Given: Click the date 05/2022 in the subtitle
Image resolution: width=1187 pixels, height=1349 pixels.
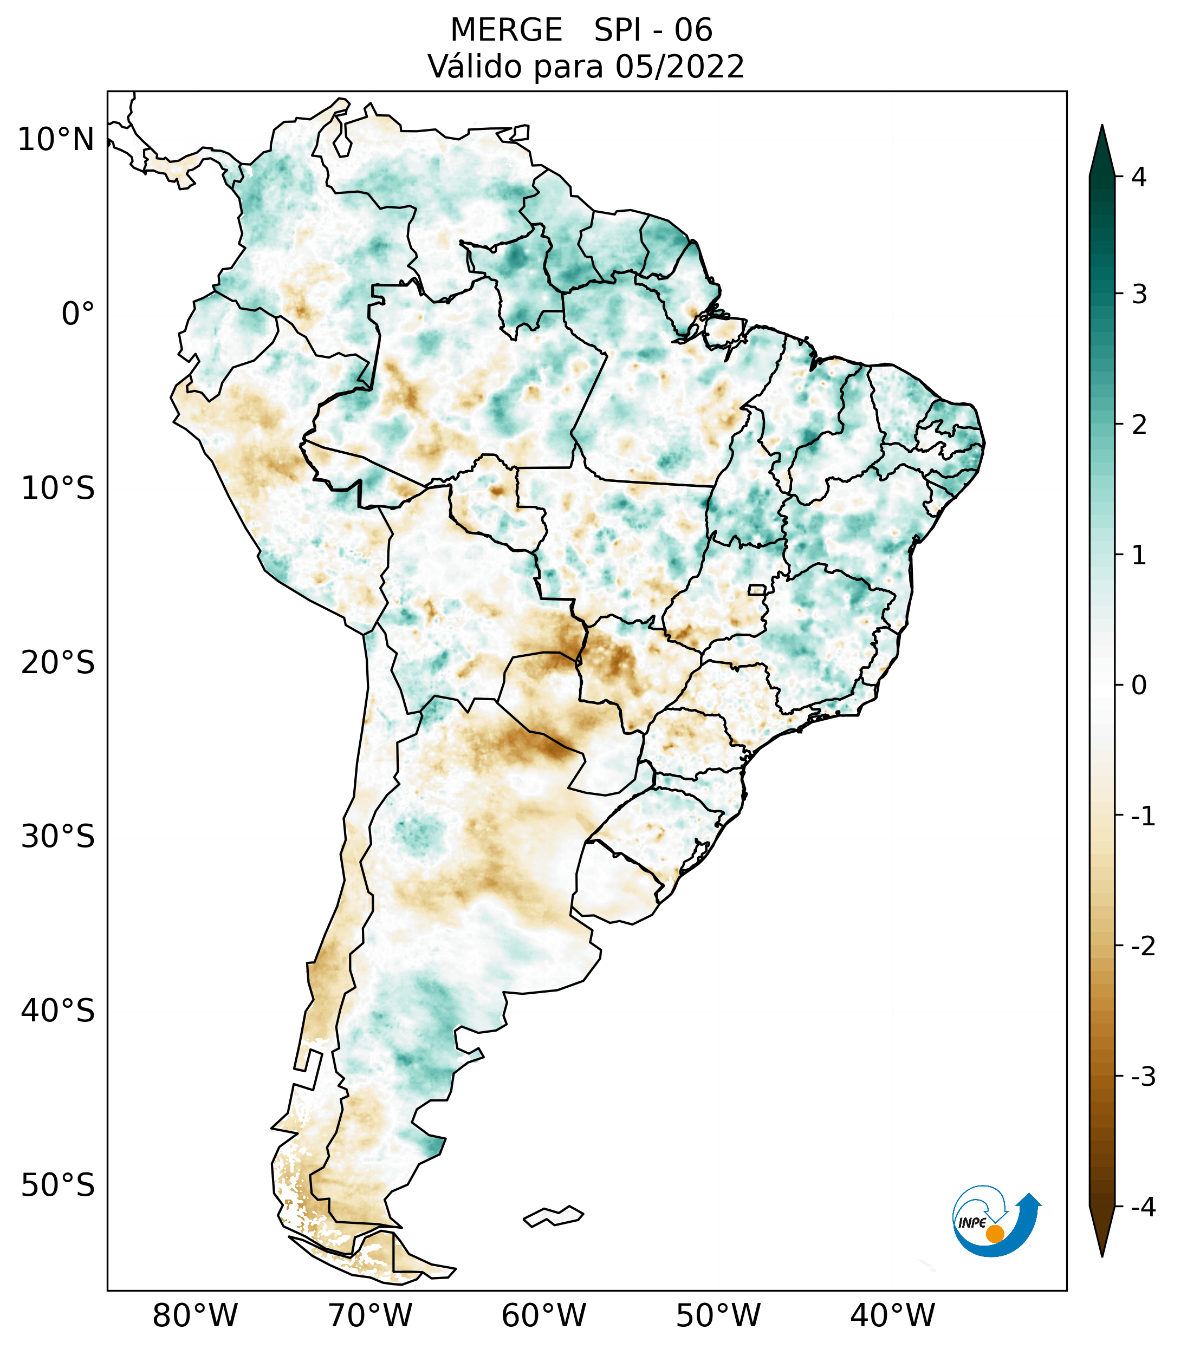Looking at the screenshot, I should pos(679,67).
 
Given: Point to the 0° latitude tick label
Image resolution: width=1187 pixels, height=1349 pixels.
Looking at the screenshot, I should pos(78,314).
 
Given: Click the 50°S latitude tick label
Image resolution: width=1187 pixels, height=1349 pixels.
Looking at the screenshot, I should pos(58,1185).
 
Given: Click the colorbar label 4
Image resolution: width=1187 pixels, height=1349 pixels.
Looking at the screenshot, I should pos(1139,177).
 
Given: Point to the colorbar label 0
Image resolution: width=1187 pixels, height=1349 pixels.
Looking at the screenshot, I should pos(1139,686).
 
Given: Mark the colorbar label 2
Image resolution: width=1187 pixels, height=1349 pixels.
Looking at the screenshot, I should pos(1139,425).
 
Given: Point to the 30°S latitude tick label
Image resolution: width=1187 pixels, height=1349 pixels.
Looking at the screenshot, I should pos(58,837).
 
